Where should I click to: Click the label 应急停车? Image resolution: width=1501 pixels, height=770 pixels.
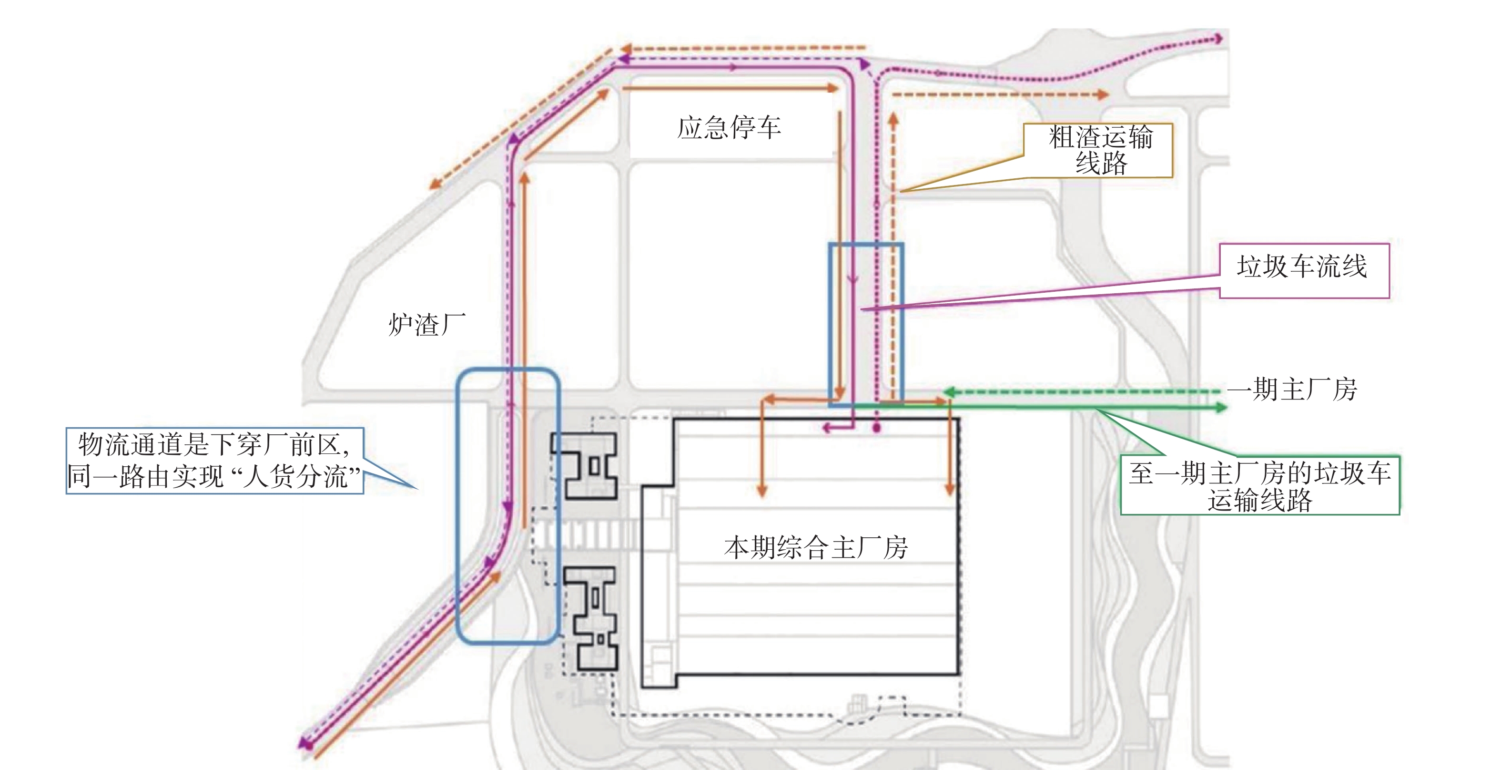point(729,128)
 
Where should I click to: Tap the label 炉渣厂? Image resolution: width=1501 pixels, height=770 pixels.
point(427,325)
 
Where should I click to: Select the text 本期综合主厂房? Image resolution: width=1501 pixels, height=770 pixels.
point(816,548)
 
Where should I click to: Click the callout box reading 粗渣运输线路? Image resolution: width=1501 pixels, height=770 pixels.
point(1098,150)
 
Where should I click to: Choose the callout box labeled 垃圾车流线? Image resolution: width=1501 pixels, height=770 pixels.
point(1305,271)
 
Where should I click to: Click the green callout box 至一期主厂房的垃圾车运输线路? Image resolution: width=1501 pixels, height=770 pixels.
point(1260,485)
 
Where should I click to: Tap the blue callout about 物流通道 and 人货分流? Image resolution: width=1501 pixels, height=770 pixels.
point(214,461)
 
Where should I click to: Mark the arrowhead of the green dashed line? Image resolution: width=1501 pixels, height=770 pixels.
point(949,392)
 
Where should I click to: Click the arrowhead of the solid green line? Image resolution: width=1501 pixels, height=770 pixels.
point(1221,408)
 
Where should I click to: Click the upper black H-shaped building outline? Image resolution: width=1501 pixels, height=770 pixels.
point(584,466)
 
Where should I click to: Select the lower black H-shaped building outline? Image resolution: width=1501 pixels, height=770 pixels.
point(590,619)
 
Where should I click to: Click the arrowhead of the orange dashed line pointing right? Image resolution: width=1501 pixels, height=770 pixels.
point(1103,94)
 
